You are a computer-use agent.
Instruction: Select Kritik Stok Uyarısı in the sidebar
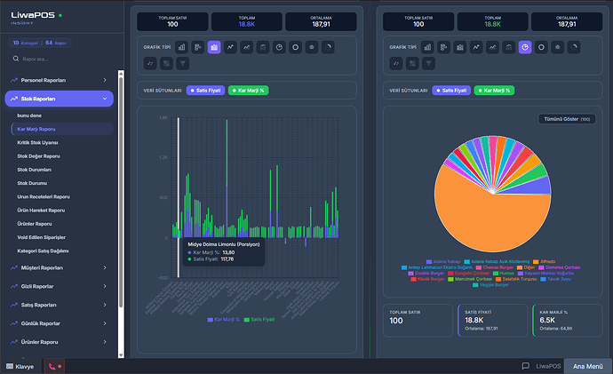pos(37,142)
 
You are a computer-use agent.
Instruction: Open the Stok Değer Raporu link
pos(39,155)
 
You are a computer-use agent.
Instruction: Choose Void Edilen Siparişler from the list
pos(43,237)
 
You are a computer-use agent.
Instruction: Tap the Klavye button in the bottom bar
pos(20,366)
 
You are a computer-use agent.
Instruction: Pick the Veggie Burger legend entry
pos(496,285)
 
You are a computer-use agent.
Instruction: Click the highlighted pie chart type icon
pos(525,47)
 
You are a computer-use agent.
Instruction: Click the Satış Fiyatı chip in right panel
pos(453,91)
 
